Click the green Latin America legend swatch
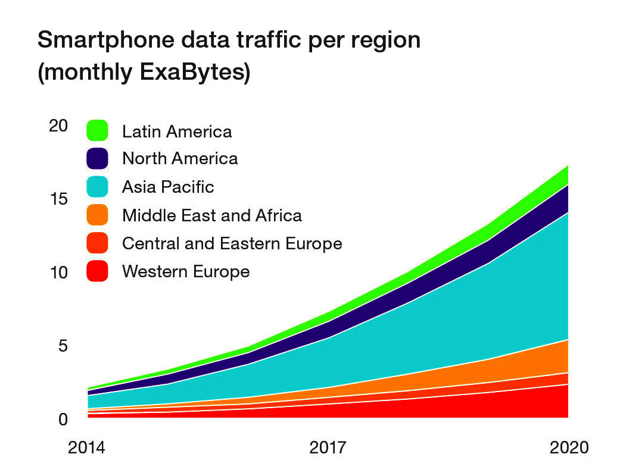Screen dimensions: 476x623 tap(97, 131)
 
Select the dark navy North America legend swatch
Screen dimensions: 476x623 tap(97, 158)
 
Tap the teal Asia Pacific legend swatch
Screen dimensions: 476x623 tap(97, 187)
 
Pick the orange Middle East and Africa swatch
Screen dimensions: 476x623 tap(97, 215)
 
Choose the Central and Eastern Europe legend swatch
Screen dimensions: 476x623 tap(97, 243)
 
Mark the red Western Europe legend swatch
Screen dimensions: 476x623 tap(97, 272)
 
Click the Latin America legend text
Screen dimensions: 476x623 tap(177, 131)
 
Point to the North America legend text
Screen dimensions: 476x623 tap(180, 158)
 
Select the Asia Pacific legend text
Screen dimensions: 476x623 tap(168, 187)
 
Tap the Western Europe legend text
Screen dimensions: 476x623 tap(186, 272)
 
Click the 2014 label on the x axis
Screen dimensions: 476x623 tap(86, 447)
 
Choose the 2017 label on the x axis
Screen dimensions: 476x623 tap(328, 447)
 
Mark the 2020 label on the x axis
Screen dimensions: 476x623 tap(569, 447)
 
